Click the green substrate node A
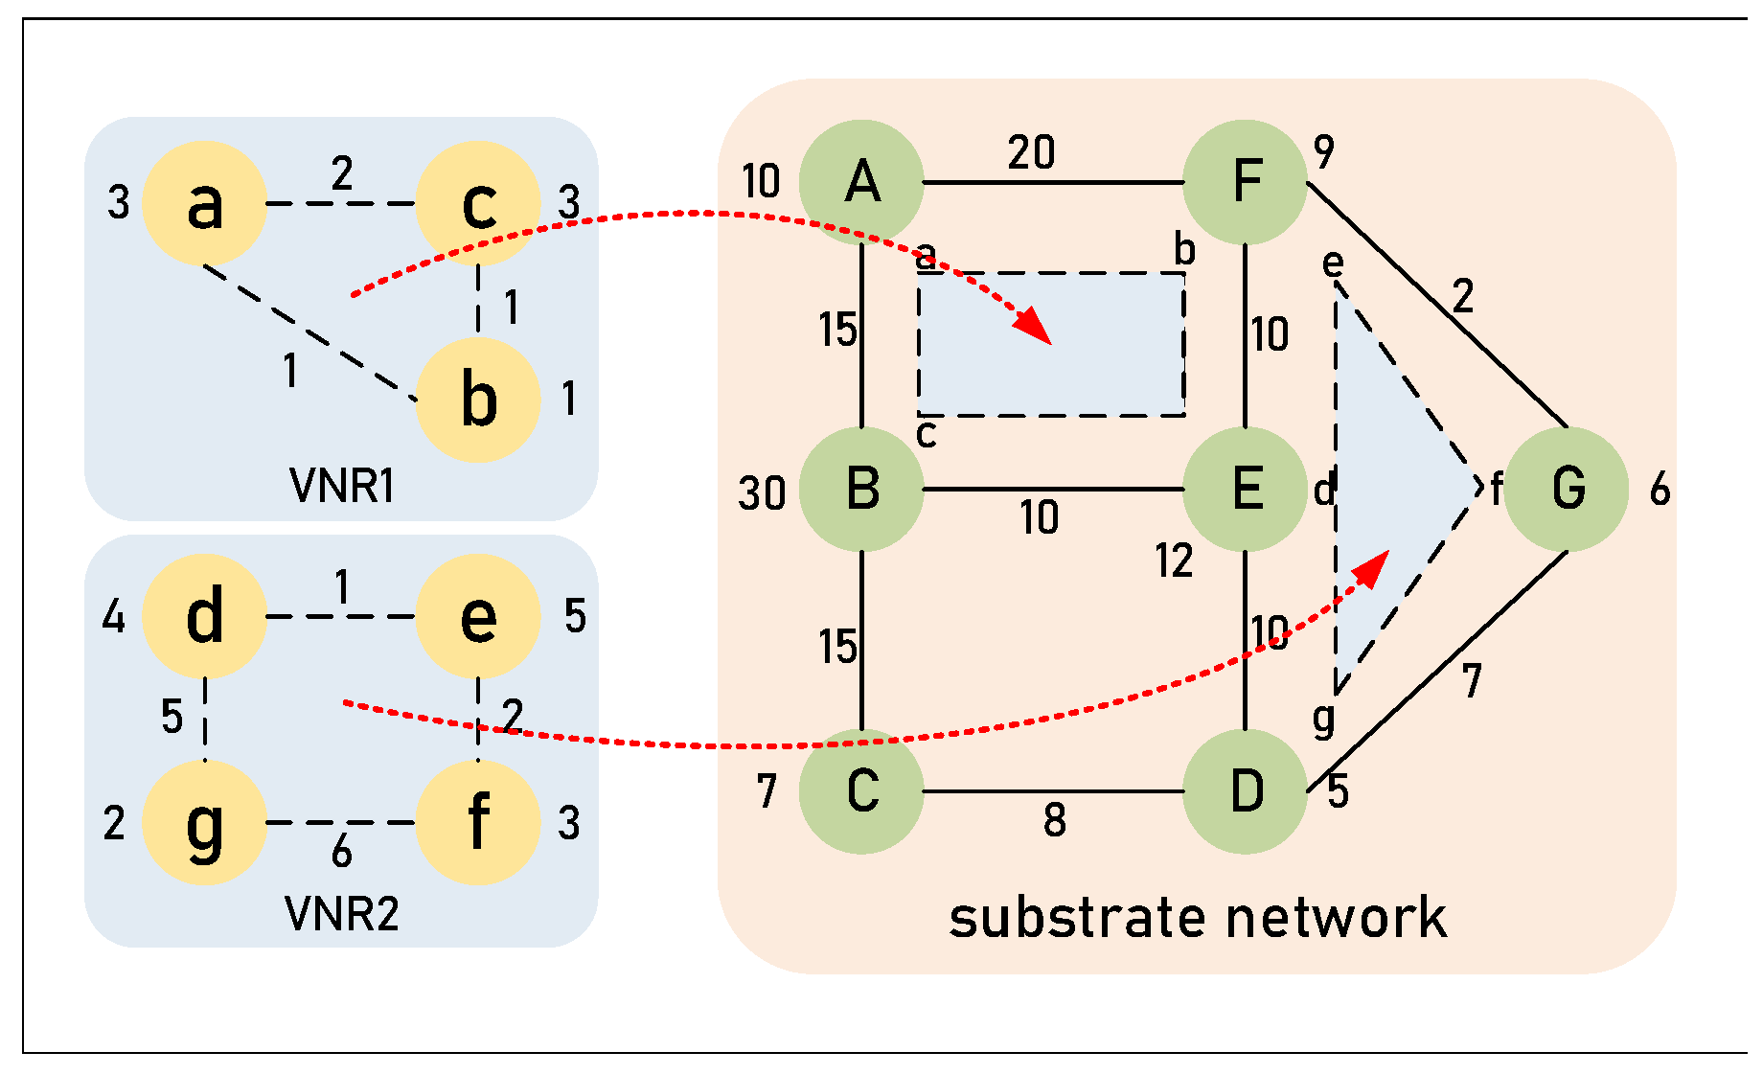[861, 182]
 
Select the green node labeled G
[1567, 489]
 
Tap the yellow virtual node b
[478, 400]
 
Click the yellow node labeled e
[478, 616]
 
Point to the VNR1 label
[342, 486]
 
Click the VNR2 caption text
[342, 914]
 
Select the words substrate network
[1198, 918]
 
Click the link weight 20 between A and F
[1031, 152]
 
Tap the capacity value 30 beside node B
[762, 494]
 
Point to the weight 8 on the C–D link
[1054, 820]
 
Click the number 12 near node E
[1174, 560]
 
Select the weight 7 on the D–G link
[1472, 681]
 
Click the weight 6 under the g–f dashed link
[342, 852]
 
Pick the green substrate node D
[1245, 792]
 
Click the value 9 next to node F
[1323, 151]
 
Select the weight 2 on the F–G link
[1462, 297]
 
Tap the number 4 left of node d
[114, 617]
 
